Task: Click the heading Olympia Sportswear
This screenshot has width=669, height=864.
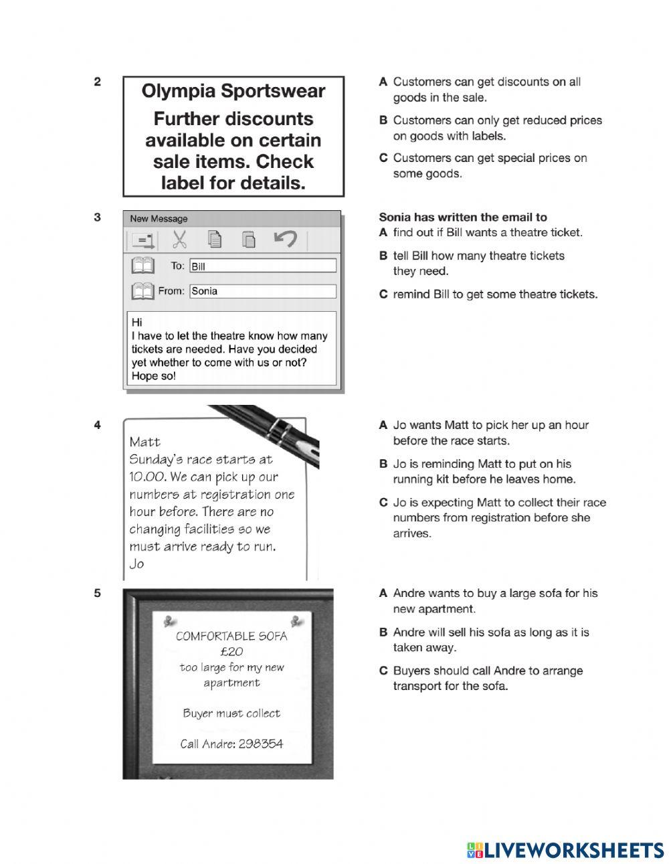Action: coord(233,91)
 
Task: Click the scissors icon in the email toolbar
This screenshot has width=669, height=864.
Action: coord(179,240)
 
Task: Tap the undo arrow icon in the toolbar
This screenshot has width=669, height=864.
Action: coord(285,239)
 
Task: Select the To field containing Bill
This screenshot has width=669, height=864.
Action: coord(262,266)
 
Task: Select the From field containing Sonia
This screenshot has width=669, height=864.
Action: coord(262,291)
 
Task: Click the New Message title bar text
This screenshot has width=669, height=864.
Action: coord(159,219)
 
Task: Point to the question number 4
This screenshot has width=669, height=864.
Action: coord(98,425)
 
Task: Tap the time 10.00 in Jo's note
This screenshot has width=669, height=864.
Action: coord(147,477)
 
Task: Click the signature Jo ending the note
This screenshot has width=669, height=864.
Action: coord(136,564)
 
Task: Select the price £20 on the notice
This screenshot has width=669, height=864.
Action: coord(231,651)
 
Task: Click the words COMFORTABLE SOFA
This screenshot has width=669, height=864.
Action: coord(231,636)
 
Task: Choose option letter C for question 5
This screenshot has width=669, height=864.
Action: coord(383,671)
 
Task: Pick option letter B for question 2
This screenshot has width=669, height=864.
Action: coord(383,120)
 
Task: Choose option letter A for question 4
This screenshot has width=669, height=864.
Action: coord(383,425)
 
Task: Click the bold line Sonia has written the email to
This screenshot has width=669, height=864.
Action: coord(463,217)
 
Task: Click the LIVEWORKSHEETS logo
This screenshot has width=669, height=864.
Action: coord(565,850)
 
